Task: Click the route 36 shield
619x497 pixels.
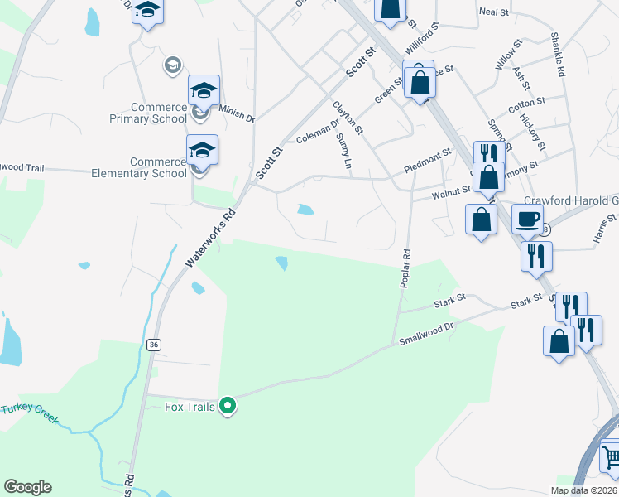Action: click(153, 345)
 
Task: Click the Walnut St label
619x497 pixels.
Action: click(452, 193)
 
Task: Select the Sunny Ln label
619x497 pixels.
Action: click(343, 152)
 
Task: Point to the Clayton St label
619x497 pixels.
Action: click(348, 117)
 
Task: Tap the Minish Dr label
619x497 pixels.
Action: click(237, 113)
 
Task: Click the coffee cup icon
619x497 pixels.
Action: click(528, 220)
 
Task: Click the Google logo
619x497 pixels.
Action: click(27, 487)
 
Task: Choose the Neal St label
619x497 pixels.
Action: click(493, 12)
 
